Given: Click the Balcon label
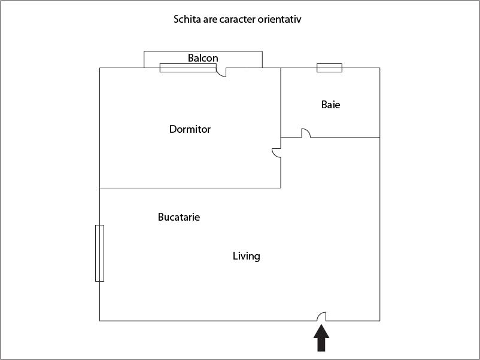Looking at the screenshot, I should (x=203, y=58).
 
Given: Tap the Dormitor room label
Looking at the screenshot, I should (x=190, y=129).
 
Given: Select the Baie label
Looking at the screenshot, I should (x=330, y=105).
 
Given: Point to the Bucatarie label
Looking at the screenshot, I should (x=178, y=217).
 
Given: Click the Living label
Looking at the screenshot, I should (x=246, y=256).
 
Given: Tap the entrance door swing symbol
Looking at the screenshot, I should (x=321, y=316).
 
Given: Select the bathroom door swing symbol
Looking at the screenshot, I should (x=305, y=133).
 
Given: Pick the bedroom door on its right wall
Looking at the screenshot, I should (x=277, y=153).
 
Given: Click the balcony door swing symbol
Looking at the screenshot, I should (x=221, y=72).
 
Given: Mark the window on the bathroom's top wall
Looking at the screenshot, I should (x=329, y=68).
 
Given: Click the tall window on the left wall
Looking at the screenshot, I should (x=99, y=253).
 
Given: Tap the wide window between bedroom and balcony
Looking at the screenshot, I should (x=187, y=68).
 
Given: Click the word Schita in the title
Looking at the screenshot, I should (x=187, y=19).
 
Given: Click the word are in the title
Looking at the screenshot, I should (x=210, y=19).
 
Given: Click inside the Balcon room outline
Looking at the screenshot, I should (x=245, y=59).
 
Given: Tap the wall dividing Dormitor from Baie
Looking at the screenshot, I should (x=281, y=102).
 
